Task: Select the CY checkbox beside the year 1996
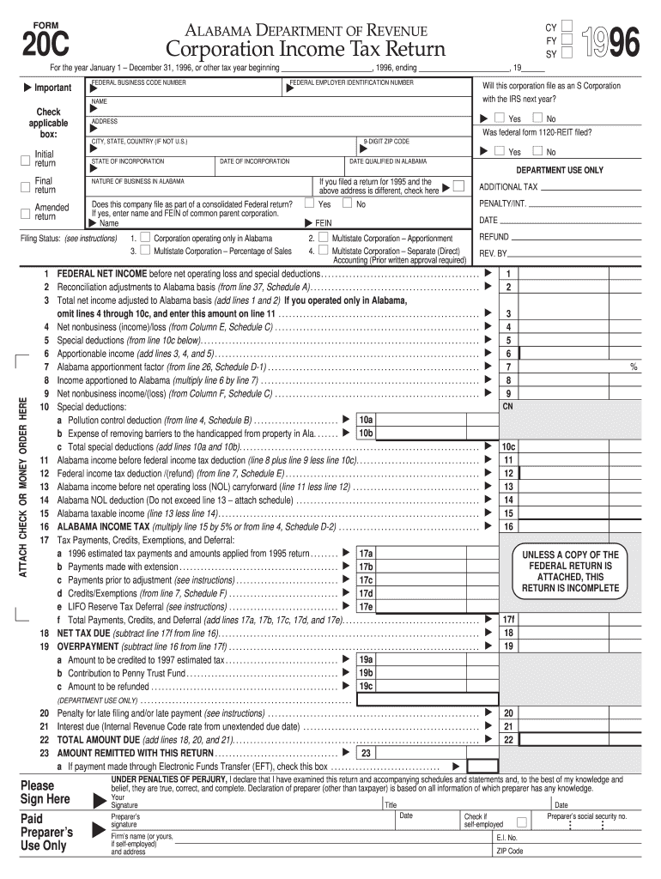566,27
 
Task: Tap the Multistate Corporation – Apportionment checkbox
323,238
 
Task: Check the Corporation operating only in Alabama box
145,238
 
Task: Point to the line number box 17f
508,619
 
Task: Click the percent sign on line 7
634,367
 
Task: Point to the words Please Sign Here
46,792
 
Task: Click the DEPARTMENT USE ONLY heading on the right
559,170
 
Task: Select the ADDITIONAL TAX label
508,187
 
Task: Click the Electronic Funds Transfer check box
482,766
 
